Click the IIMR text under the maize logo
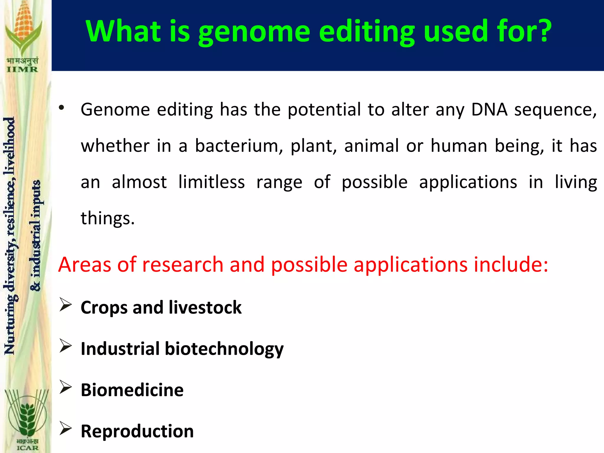(x=22, y=70)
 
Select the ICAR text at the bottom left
(x=27, y=448)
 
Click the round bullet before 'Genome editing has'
(x=61, y=108)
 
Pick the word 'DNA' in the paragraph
(x=489, y=110)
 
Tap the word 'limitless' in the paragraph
(x=211, y=182)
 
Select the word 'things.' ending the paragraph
(x=108, y=218)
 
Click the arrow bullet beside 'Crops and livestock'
(x=65, y=305)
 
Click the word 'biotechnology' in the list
(x=224, y=349)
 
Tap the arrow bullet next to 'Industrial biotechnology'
(x=65, y=346)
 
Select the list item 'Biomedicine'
(x=132, y=390)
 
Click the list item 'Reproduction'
(x=137, y=431)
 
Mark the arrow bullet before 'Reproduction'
(x=65, y=428)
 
